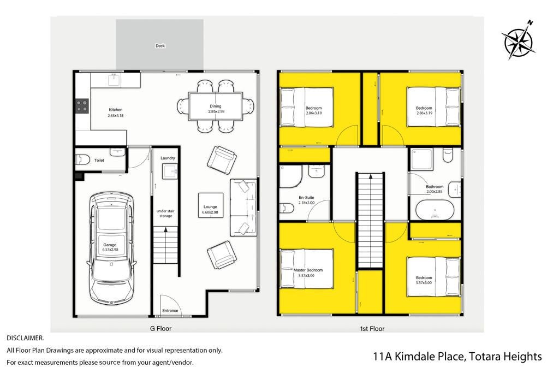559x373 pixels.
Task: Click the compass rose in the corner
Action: click(x=519, y=40)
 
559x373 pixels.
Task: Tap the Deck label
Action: click(x=160, y=46)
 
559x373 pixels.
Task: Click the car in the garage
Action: click(x=111, y=248)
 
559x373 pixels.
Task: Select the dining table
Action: click(x=215, y=106)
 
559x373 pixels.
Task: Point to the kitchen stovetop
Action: click(x=82, y=106)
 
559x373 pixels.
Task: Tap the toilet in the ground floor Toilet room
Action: click(x=82, y=159)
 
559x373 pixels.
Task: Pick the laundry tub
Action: click(x=170, y=171)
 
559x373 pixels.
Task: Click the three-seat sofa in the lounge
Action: click(x=243, y=207)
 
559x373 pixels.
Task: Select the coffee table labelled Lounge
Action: click(x=211, y=205)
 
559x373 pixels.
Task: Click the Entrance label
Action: click(x=170, y=311)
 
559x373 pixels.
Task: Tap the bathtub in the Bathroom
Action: click(x=435, y=211)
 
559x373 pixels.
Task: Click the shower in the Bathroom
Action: click(x=422, y=160)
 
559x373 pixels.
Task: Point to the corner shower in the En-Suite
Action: click(x=290, y=176)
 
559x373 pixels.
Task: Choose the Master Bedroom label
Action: click(x=308, y=270)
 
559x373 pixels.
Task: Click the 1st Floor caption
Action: click(x=372, y=329)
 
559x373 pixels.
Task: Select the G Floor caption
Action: click(x=161, y=329)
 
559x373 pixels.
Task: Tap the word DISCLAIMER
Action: click(x=25, y=338)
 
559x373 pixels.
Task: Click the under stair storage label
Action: click(x=166, y=213)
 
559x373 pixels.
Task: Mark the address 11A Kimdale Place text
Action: click(x=419, y=357)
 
